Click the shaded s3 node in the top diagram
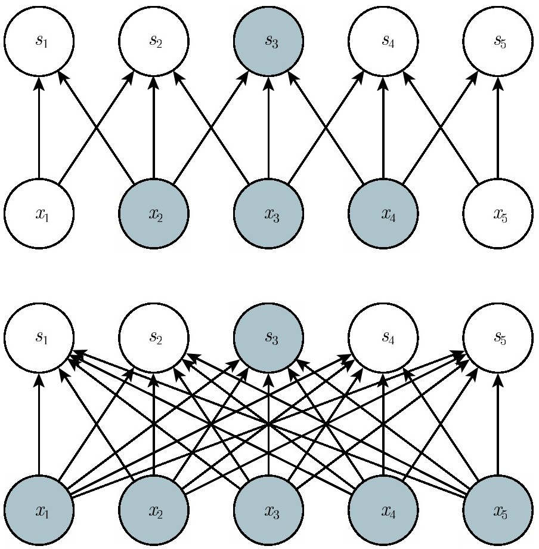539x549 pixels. (269, 41)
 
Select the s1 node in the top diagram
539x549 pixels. (39, 41)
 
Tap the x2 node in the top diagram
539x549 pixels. (154, 214)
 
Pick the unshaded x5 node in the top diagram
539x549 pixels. (498, 214)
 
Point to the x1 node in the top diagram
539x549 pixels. (39, 214)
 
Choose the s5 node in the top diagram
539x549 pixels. (498, 41)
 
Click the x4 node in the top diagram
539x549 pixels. (383, 214)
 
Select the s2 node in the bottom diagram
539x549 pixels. (154, 338)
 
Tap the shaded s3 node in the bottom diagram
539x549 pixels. (269, 338)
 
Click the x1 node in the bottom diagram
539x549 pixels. (39, 510)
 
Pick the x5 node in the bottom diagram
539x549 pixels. (498, 510)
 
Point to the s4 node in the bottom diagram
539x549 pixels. (383, 338)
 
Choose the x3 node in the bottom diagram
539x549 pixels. (269, 510)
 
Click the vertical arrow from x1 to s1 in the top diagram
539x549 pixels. (39, 128)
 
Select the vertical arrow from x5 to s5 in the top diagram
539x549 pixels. (498, 128)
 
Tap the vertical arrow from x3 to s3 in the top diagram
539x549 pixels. (269, 128)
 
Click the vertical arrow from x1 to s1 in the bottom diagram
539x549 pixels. (39, 424)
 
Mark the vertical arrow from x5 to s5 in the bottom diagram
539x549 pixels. (498, 424)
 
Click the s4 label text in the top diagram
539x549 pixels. (388, 41)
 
